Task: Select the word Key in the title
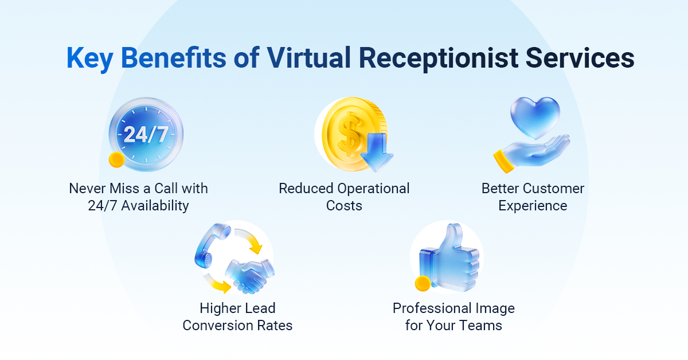[88, 59]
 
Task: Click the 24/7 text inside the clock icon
[146, 134]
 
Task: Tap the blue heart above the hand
[534, 118]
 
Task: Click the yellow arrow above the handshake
[251, 241]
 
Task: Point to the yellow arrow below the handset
[217, 282]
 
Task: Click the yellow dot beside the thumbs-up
[423, 283]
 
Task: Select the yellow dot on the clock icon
[117, 161]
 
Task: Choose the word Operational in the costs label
[373, 189]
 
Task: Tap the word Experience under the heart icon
[533, 206]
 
